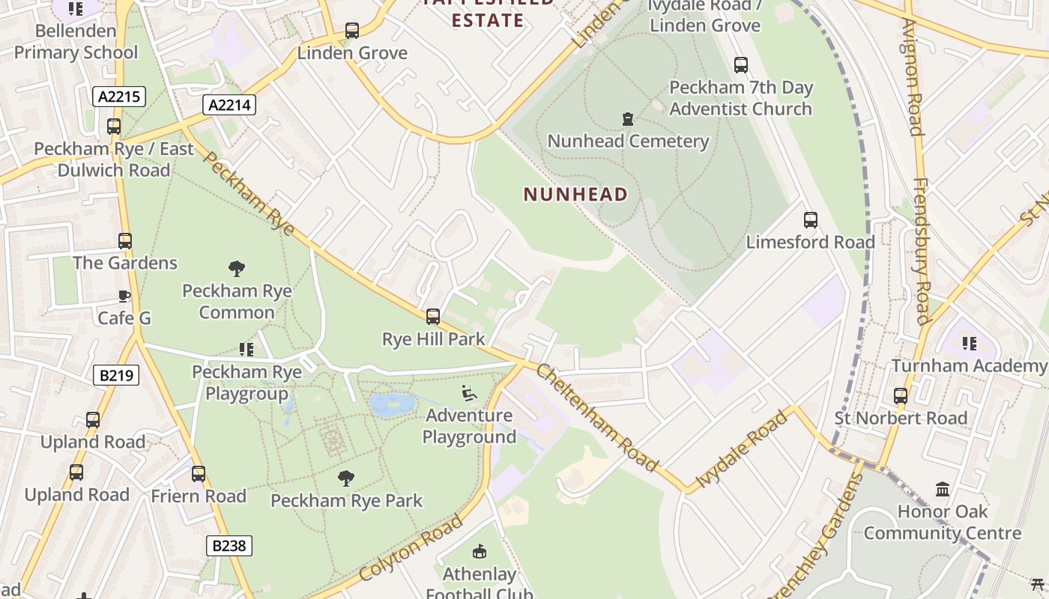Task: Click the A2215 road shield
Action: tap(119, 96)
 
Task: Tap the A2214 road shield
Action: tap(229, 105)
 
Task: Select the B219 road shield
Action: tap(116, 374)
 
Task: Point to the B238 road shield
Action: tap(229, 546)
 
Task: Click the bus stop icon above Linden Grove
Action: tap(352, 31)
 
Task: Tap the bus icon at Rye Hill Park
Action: tap(433, 317)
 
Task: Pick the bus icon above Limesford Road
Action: tap(811, 220)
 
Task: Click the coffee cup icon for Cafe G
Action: tap(124, 297)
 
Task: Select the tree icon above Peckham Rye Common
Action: tap(237, 268)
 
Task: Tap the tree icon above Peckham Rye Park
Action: tap(346, 478)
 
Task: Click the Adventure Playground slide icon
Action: tap(469, 393)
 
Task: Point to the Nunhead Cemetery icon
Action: tap(628, 119)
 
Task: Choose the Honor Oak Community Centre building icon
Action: tap(943, 490)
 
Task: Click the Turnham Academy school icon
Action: tap(970, 344)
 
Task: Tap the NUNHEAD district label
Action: tap(575, 195)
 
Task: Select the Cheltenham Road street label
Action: tap(597, 418)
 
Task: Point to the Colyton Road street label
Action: tap(411, 547)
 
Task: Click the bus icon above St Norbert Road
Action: tap(901, 396)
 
